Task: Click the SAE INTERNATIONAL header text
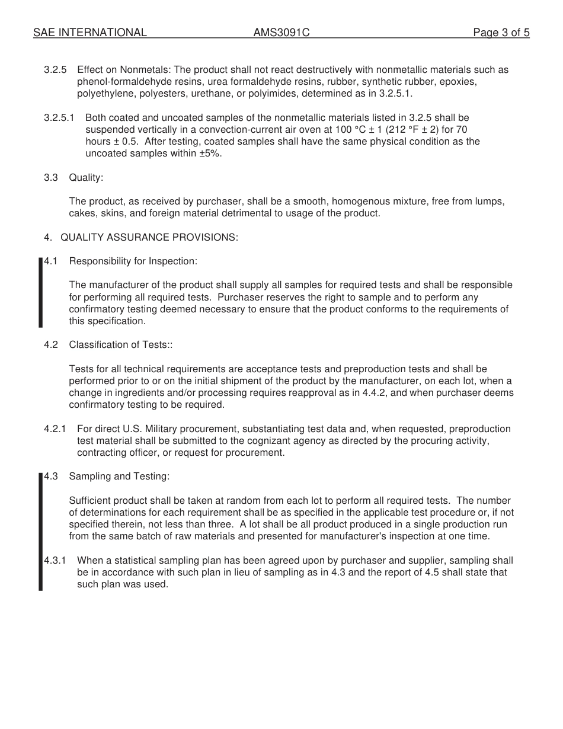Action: [89, 33]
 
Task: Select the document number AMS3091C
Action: [281, 33]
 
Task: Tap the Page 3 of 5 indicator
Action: [501, 33]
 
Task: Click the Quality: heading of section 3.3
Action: [86, 178]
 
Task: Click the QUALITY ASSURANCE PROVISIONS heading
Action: [149, 238]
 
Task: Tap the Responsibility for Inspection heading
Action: [133, 261]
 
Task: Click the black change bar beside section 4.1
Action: [41, 292]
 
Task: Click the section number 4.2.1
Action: [55, 429]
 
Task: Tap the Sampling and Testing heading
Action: [119, 477]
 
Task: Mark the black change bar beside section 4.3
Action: [41, 531]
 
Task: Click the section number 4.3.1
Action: [55, 561]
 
